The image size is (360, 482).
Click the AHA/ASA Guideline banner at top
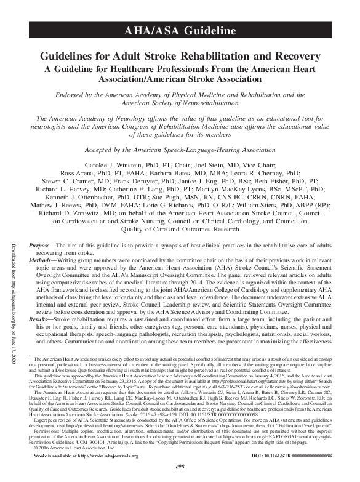[180, 30]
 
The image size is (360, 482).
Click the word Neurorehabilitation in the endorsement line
[207, 104]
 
